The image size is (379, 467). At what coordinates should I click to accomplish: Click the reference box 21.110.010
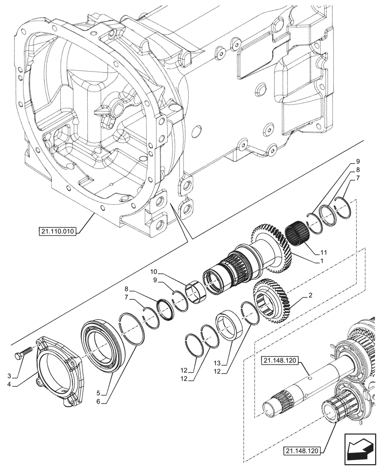(57, 231)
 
